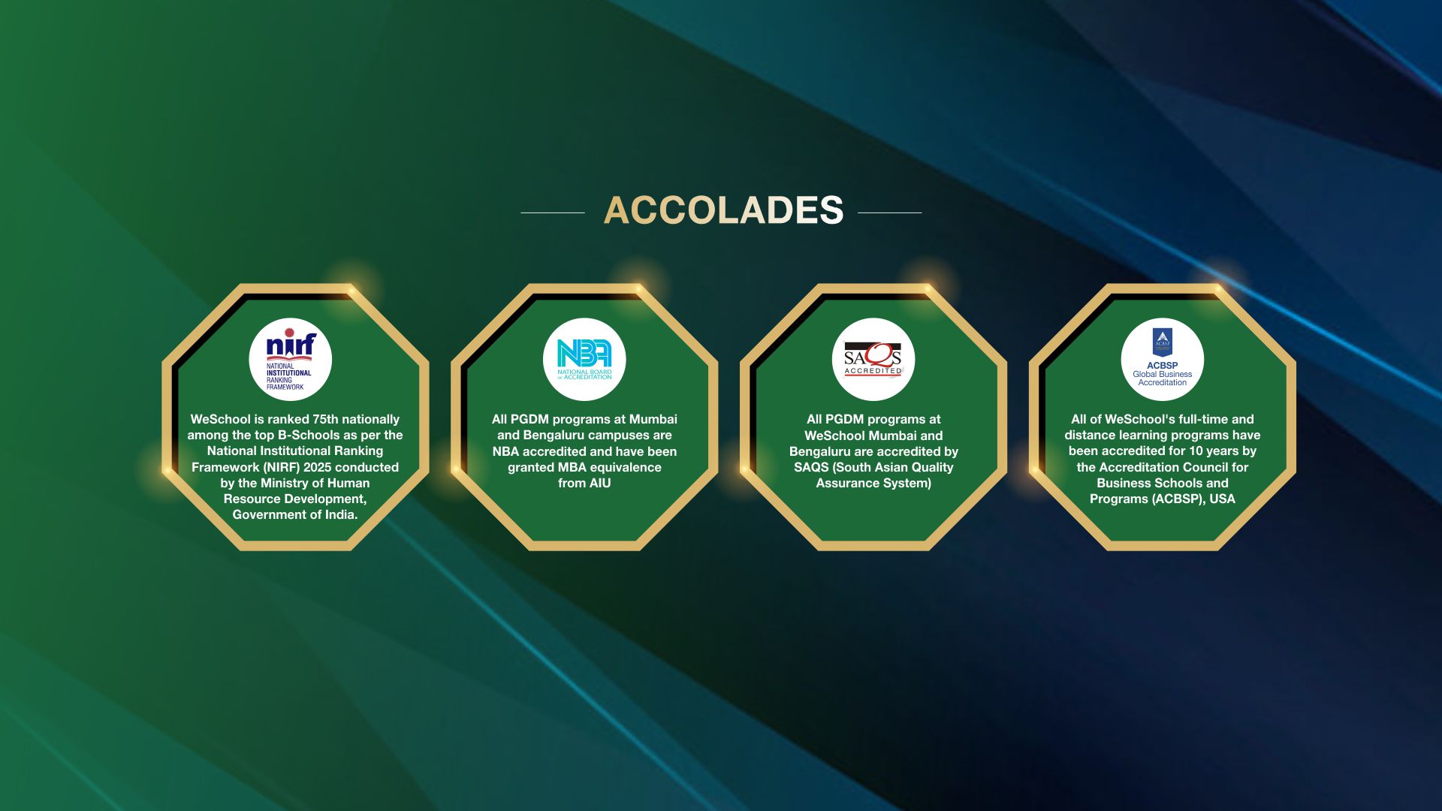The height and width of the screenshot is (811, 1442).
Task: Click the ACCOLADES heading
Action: [723, 210]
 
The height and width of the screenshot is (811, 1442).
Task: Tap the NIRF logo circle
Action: [291, 360]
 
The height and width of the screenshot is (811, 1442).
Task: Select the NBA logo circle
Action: [584, 360]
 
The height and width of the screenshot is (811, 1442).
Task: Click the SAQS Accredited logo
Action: [873, 360]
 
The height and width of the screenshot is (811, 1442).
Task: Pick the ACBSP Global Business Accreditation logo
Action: [1163, 360]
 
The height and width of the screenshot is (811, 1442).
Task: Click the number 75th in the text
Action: [325, 419]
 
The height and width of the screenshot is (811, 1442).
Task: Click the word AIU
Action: [599, 483]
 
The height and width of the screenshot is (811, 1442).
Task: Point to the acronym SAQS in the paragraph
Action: [811, 467]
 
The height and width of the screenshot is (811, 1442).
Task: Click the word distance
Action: [1090, 435]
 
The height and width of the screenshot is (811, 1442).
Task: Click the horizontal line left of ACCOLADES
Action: [553, 213]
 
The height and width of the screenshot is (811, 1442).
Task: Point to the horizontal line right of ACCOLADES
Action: [889, 213]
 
